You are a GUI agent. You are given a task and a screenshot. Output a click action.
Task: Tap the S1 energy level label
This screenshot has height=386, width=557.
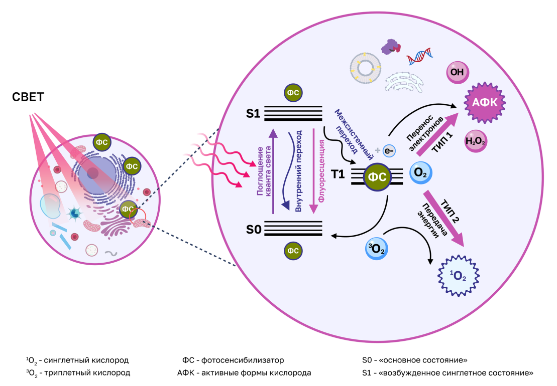point(253,114)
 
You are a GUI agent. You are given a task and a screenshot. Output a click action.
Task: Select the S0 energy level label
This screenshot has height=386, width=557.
point(253,230)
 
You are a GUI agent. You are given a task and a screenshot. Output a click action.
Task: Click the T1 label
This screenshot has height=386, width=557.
point(338,174)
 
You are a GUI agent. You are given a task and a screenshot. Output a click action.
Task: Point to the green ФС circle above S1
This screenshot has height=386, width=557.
point(293,93)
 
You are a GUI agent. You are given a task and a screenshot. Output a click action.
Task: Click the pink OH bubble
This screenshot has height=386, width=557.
point(457,72)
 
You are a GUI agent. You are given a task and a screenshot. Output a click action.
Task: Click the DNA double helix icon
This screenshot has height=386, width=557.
point(420,56)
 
